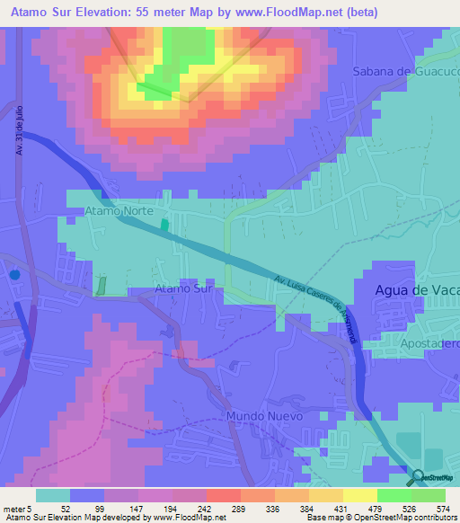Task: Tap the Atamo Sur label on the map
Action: pos(183,288)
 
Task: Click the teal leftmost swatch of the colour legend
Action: pos(53,494)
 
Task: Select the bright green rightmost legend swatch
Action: pos(429,494)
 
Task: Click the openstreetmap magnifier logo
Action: pos(420,476)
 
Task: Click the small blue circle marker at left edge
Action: pos(13,276)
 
